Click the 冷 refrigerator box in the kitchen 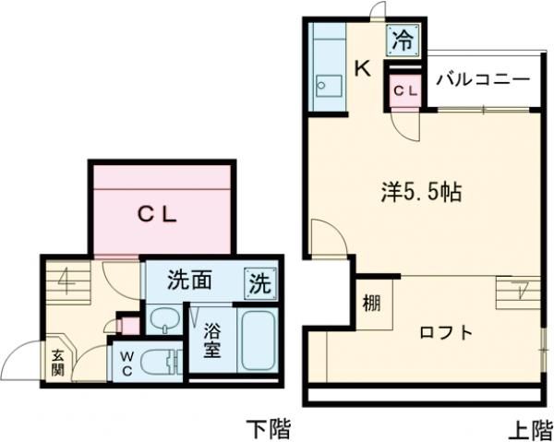403,40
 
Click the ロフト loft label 445,332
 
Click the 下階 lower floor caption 268,427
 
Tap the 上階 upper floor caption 527,427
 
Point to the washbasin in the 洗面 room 164,322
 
